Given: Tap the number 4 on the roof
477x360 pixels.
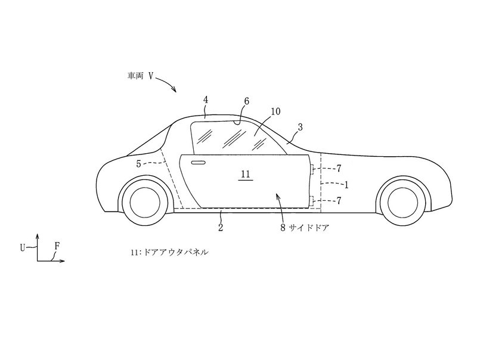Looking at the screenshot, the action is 206,101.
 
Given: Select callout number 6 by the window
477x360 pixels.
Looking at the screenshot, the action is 246,102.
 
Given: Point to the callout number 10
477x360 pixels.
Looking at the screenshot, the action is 275,111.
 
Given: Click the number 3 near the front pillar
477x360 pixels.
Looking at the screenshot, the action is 300,128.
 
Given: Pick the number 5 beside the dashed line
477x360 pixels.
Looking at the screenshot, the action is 138,163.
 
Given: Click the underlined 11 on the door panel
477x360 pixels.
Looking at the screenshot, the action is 246,175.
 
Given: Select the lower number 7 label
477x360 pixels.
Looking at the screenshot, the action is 339,201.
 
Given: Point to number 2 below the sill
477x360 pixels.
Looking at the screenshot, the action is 221,227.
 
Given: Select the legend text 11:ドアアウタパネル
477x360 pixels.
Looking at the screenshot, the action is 169,253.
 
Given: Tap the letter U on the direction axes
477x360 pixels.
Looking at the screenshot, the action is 23,246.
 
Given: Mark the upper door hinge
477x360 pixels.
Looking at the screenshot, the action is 313,171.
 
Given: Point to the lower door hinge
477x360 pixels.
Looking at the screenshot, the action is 313,201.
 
